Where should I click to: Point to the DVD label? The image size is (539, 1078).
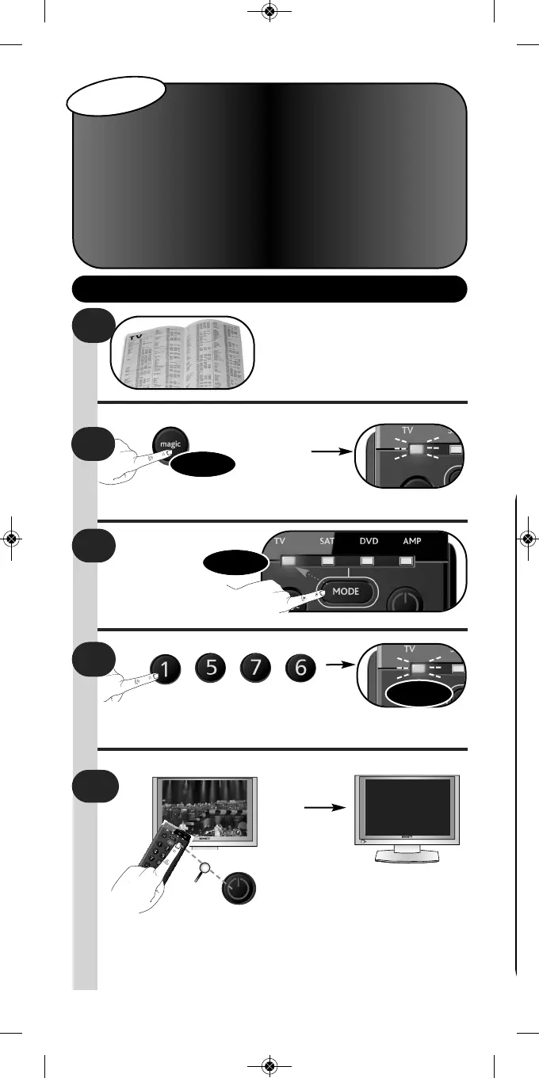point(369,543)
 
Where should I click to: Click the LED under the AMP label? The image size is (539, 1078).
point(406,561)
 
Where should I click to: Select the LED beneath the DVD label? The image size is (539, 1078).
point(368,561)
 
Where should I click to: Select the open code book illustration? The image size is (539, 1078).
point(183,352)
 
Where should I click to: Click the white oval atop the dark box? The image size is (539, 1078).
point(118,97)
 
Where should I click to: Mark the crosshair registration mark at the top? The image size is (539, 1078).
point(269,13)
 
